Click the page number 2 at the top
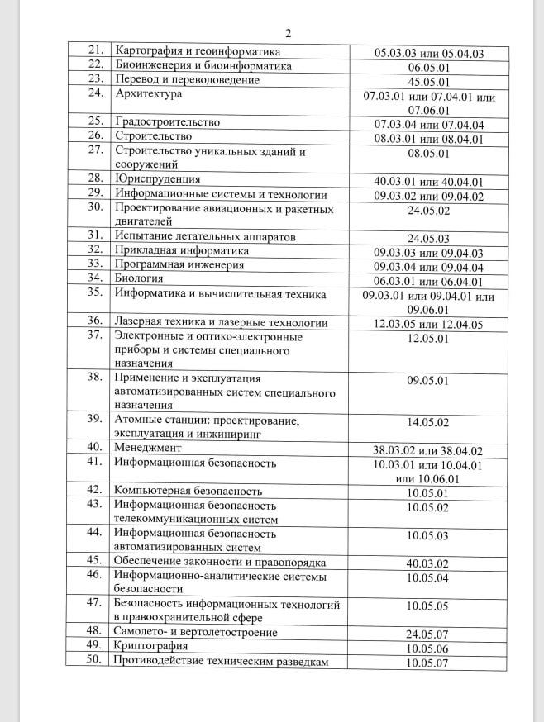pos(289,34)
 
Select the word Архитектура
pos(150,95)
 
